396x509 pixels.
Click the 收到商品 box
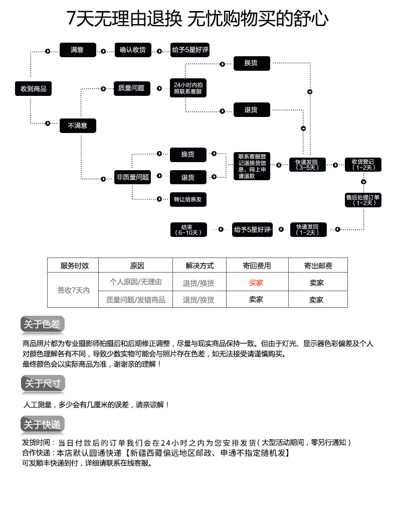pyautogui.click(x=33, y=89)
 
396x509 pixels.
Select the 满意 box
pyautogui.click(x=77, y=50)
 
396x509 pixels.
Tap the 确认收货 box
pyautogui.click(x=133, y=50)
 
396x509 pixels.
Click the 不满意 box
pyautogui.click(x=78, y=125)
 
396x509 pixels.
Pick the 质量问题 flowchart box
pyautogui.click(x=131, y=88)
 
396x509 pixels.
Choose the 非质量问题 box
pyautogui.click(x=133, y=177)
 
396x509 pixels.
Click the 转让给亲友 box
pyautogui.click(x=187, y=199)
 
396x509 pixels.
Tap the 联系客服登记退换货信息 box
pyautogui.click(x=252, y=166)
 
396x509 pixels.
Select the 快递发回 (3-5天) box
pyautogui.click(x=307, y=165)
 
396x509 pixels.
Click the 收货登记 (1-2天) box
pyautogui.click(x=363, y=165)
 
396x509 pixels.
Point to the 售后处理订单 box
pyautogui.click(x=363, y=200)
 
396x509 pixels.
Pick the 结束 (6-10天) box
pyautogui.click(x=188, y=229)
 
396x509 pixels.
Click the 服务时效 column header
pyautogui.click(x=73, y=266)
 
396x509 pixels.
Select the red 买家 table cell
pyautogui.click(x=256, y=283)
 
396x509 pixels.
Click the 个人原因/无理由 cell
pyautogui.click(x=135, y=282)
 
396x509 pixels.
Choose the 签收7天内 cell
pyautogui.click(x=73, y=290)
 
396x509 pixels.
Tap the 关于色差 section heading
pyautogui.click(x=43, y=325)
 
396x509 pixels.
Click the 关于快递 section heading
pyautogui.click(x=43, y=425)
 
